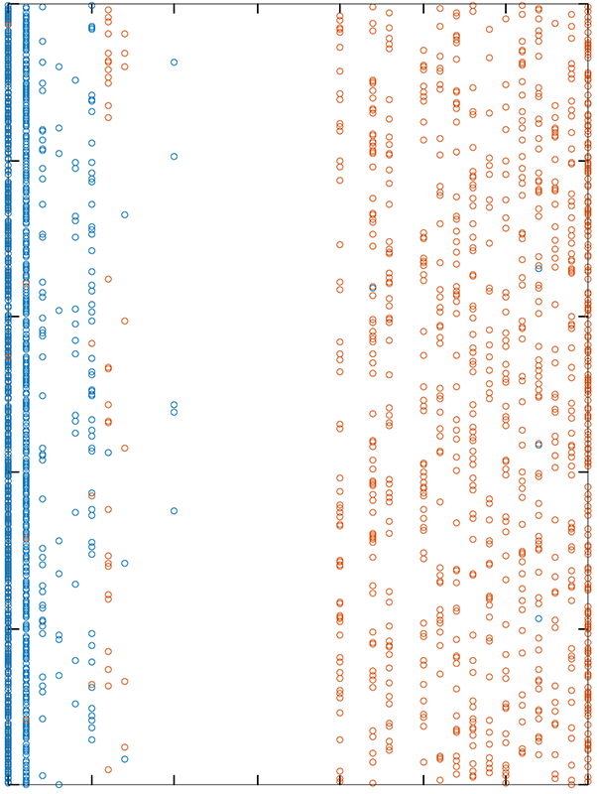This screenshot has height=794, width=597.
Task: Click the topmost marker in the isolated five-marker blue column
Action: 174,62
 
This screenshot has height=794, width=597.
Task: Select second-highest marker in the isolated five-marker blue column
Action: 174,156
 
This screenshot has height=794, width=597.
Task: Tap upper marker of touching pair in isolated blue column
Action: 174,405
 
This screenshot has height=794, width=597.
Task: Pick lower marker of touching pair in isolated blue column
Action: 174,412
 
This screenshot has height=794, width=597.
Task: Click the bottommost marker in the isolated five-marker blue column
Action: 174,511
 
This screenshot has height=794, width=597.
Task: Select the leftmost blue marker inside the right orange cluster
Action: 373,288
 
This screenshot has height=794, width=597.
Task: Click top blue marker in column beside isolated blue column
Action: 125,214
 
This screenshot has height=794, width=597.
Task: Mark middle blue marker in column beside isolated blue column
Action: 125,563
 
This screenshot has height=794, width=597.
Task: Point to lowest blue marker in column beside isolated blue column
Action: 125,759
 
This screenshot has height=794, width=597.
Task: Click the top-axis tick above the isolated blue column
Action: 175,8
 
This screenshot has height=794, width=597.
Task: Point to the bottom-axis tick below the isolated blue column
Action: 175,784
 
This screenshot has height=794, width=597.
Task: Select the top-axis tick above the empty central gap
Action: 258,8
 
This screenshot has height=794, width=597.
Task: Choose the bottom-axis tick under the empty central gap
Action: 258,784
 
